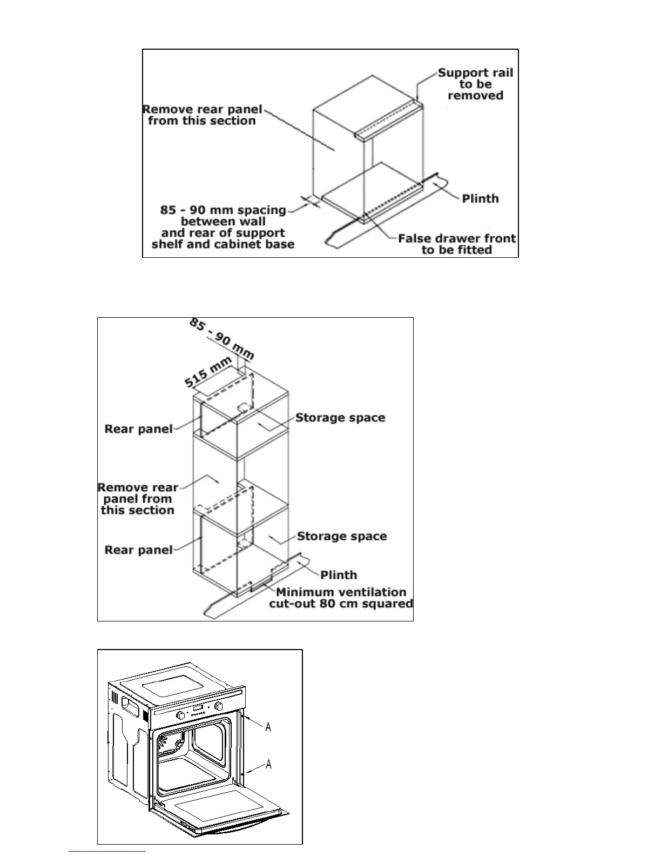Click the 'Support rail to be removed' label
pos(475,84)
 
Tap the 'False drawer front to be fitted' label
pos(456,244)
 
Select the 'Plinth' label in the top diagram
pos(480,198)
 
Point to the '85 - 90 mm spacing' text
pos(223,210)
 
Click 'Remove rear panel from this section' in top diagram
pos(202,115)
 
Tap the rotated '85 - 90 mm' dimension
pos(221,339)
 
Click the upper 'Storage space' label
pos(340,418)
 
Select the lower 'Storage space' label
pos(342,536)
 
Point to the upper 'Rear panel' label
pos(138,429)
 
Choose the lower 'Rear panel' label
pos(138,550)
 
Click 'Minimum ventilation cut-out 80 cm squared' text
pos(341,598)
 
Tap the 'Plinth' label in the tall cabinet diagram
pos(339,575)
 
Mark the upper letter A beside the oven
pos(268,727)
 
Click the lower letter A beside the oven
pos(268,764)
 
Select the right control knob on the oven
pos(219,706)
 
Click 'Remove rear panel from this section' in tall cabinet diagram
pos(138,499)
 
